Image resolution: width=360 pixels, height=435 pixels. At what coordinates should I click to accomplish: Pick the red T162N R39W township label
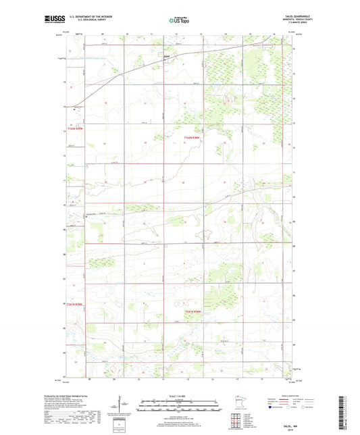75,131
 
